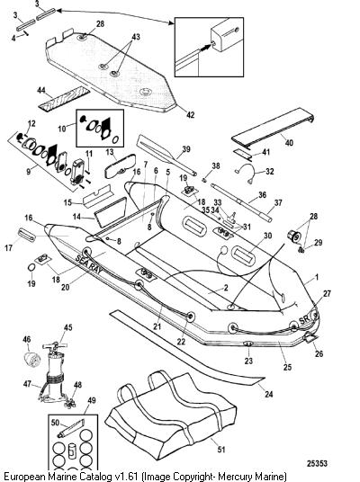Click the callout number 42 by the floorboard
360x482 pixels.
(191, 115)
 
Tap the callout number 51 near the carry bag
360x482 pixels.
(221, 449)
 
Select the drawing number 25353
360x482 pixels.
(317, 463)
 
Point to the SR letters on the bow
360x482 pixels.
(304, 320)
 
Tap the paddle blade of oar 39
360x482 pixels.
(154, 147)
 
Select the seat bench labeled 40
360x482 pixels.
(273, 129)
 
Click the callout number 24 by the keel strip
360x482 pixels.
(269, 394)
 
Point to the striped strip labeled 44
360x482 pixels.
(64, 99)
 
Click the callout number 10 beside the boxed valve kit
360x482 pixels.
(62, 129)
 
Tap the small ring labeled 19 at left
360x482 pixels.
(31, 268)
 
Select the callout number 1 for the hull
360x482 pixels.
(317, 278)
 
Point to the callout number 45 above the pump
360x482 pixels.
(67, 327)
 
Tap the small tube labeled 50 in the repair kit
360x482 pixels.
(71, 428)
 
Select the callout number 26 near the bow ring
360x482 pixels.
(319, 353)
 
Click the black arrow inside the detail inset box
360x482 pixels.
(205, 48)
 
